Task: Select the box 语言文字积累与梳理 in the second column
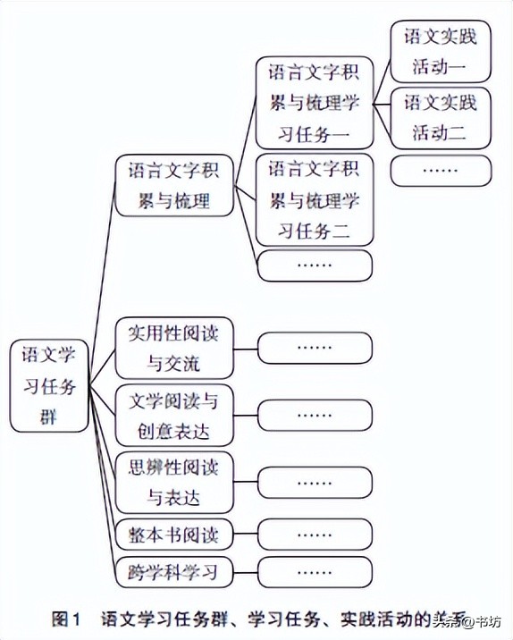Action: click(174, 186)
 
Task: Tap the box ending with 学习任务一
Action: click(314, 103)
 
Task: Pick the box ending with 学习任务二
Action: click(314, 199)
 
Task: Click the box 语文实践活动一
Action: click(441, 53)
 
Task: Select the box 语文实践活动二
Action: click(441, 117)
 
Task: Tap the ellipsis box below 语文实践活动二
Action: click(441, 170)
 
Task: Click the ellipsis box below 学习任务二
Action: click(314, 265)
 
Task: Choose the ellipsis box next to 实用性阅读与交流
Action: click(315, 347)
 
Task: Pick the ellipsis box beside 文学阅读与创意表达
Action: click(315, 415)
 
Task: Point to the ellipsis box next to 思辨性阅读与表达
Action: click(315, 482)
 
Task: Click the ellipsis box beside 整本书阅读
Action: click(315, 535)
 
